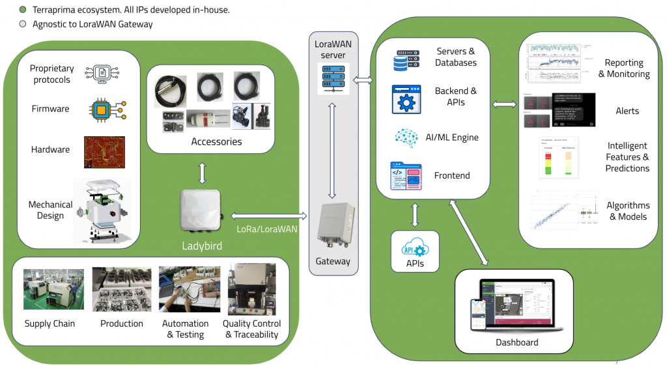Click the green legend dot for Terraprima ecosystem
tap(23, 10)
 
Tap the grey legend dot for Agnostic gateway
tap(23, 24)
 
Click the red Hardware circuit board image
tap(104, 152)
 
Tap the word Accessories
tap(216, 141)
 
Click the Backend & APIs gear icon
tap(407, 100)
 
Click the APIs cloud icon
tap(415, 248)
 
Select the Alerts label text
tap(627, 111)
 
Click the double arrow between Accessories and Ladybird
tap(202, 173)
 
